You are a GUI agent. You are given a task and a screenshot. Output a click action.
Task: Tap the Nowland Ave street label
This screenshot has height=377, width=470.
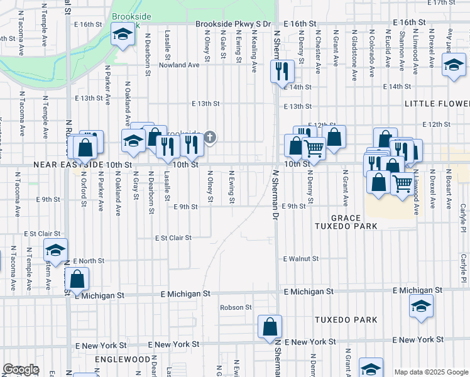pyautogui.click(x=179, y=65)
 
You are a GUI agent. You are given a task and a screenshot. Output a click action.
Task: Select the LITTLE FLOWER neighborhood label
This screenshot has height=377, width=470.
pyautogui.click(x=437, y=103)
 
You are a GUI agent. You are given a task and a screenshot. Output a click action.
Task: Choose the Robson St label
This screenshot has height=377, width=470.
pyautogui.click(x=236, y=307)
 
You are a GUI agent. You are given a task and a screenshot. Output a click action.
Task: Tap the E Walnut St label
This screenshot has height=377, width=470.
pyautogui.click(x=301, y=258)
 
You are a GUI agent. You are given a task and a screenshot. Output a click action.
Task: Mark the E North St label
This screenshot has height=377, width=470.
pyautogui.click(x=89, y=260)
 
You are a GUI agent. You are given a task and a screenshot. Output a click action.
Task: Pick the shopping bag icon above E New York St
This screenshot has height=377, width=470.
pyautogui.click(x=270, y=327)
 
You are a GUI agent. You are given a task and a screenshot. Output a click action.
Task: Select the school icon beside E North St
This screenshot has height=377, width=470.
pyautogui.click(x=55, y=251)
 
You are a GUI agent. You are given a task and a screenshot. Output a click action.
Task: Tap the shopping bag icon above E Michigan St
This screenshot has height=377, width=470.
pyautogui.click(x=77, y=278)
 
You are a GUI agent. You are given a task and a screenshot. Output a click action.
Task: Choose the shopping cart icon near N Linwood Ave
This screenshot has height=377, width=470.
pyautogui.click(x=403, y=183)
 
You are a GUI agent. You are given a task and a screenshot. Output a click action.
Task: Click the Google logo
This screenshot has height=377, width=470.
pyautogui.click(x=21, y=369)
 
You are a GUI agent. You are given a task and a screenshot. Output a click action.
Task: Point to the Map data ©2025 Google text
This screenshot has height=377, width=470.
pyautogui.click(x=430, y=372)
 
